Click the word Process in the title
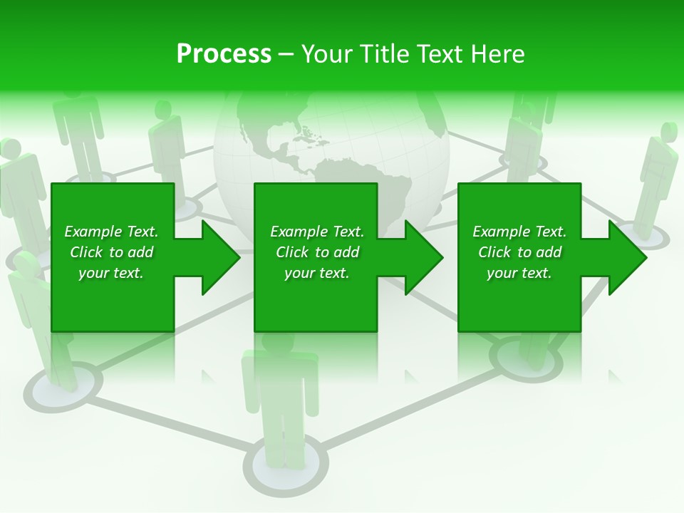click(224, 54)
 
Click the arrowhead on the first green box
click(217, 257)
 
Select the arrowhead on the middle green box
click(421, 257)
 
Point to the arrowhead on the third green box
click(625, 257)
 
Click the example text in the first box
click(111, 252)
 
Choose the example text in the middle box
click(317, 252)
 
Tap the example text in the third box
click(519, 252)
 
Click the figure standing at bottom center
click(281, 406)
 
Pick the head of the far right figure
click(668, 133)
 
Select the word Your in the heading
click(327, 54)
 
